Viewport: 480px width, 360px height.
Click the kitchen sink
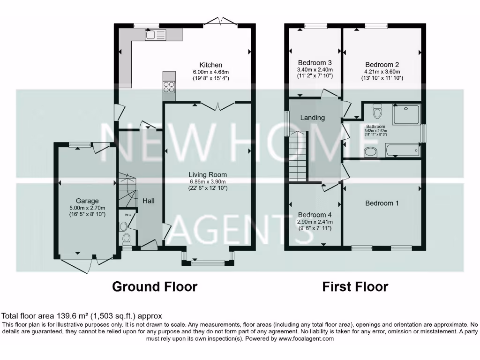156,35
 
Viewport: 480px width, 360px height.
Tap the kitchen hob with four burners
169,87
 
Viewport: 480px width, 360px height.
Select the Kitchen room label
211,65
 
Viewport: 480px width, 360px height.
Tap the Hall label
148,201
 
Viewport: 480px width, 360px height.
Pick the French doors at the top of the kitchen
221,22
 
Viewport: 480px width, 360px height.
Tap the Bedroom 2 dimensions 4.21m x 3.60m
382,72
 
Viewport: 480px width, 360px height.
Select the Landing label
312,118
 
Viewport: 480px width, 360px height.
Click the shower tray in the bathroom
406,115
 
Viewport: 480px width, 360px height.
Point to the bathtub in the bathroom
402,150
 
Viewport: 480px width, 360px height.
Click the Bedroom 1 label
382,203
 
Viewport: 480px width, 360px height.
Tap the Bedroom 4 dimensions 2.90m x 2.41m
315,222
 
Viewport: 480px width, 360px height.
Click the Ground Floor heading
154,286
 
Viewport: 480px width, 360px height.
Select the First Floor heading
355,286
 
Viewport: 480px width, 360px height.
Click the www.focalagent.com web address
306,338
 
